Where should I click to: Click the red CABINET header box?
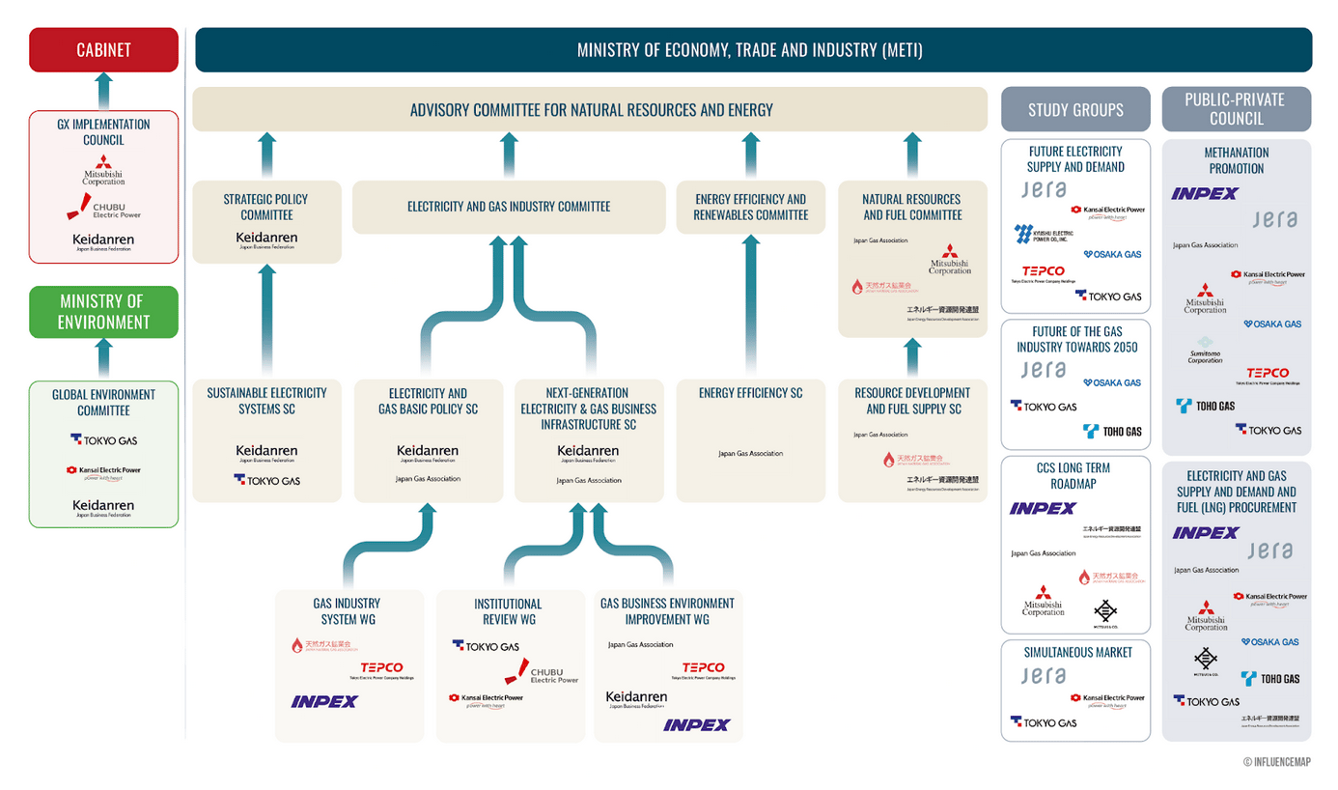(103, 49)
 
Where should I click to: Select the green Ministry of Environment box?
(103, 312)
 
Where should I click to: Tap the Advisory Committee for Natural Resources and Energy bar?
(590, 109)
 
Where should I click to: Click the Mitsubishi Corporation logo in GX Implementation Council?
(103, 170)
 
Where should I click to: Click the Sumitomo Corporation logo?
(1205, 349)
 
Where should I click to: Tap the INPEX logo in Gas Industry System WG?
(323, 702)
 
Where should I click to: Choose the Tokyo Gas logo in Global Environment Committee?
(103, 440)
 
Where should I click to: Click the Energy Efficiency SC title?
(750, 393)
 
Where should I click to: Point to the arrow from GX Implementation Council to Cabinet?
(103, 90)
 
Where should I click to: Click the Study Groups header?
(1075, 109)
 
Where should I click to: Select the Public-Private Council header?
(1236, 109)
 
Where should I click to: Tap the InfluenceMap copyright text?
(1276, 762)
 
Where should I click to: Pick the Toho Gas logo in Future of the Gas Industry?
(1112, 431)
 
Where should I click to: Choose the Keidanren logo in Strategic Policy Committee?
(266, 240)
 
